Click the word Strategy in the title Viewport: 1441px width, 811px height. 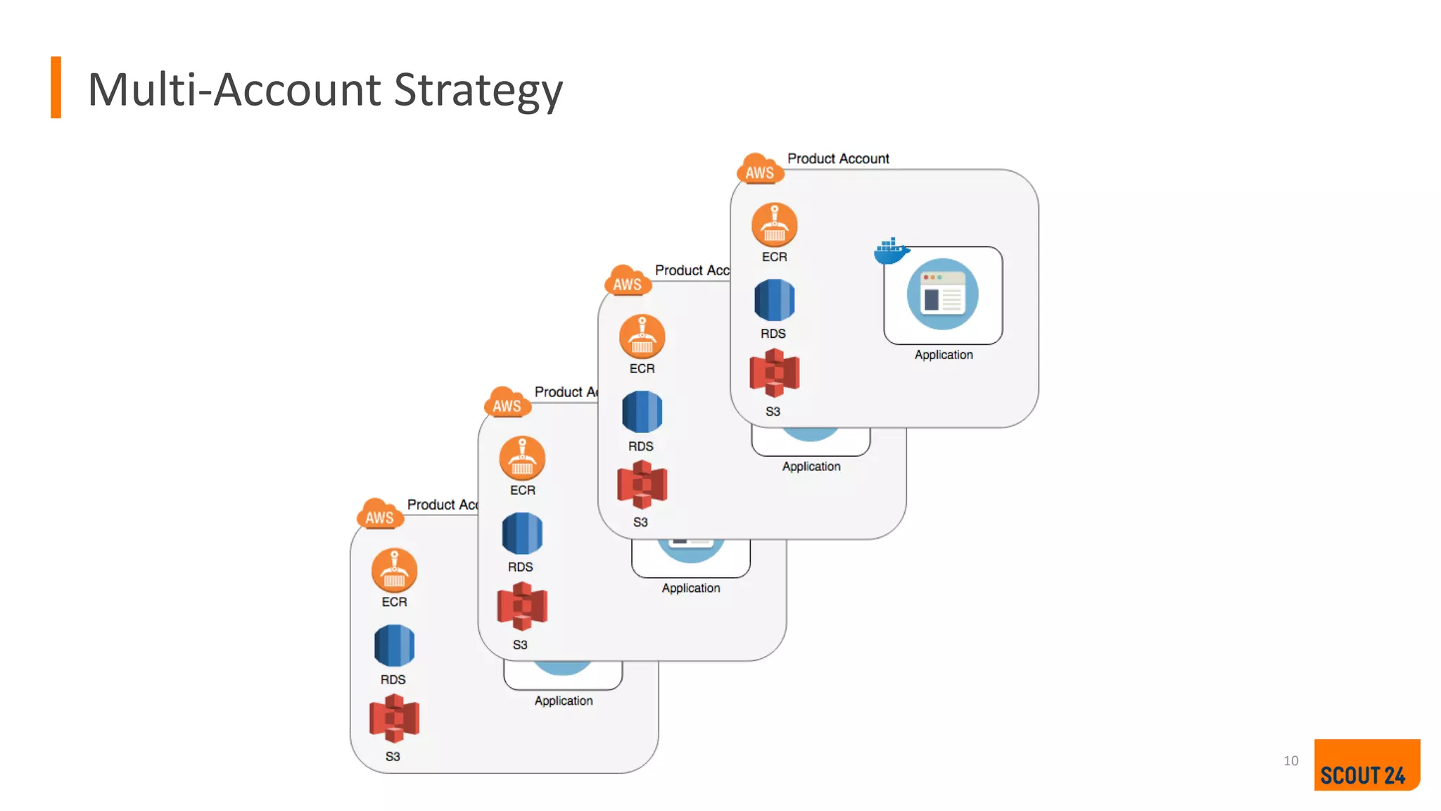(478, 90)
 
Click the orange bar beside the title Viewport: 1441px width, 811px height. (56, 87)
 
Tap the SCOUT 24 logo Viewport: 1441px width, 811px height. (1366, 765)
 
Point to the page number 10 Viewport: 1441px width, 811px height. (1290, 761)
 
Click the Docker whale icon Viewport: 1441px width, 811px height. (891, 251)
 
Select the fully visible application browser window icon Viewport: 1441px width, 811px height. (942, 294)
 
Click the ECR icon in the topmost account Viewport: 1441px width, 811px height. (774, 225)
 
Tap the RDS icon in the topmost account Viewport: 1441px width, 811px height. (774, 300)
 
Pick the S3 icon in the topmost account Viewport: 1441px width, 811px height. (774, 373)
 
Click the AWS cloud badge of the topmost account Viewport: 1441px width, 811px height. (760, 170)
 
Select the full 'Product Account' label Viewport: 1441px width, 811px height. (837, 158)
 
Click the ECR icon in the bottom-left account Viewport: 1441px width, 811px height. (394, 570)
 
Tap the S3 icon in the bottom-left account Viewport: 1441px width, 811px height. (394, 718)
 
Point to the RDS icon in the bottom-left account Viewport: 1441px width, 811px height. (394, 645)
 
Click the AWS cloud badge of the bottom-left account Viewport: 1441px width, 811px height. (380, 515)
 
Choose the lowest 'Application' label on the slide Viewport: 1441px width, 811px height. (563, 700)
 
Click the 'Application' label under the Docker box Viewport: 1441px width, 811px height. (943, 355)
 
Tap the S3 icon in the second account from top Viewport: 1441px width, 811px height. (642, 484)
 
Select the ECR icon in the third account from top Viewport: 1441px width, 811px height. (522, 458)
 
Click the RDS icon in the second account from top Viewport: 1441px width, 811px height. (642, 412)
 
